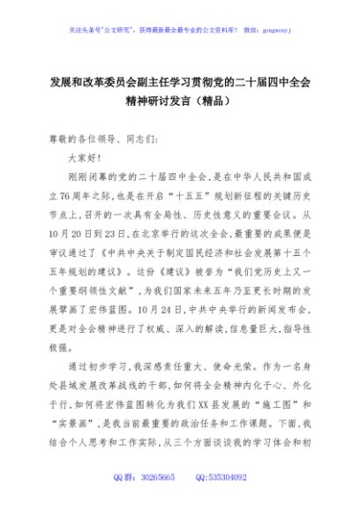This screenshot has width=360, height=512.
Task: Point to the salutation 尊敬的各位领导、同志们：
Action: [x=102, y=139]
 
